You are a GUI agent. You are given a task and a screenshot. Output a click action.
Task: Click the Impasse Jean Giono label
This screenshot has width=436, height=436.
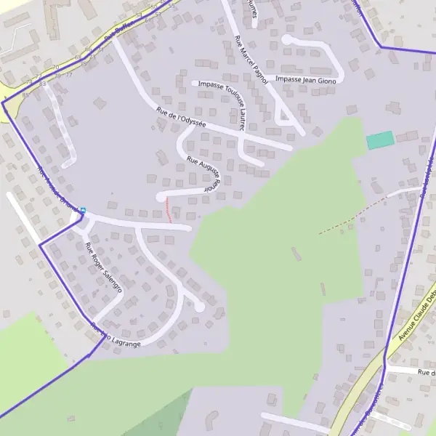point(306,81)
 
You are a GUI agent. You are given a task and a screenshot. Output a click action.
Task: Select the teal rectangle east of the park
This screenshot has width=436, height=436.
point(379,140)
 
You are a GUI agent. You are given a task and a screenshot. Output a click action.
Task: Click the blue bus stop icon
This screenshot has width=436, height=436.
point(83,211)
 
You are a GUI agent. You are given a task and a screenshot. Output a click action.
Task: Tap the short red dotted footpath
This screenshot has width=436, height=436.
point(169,209)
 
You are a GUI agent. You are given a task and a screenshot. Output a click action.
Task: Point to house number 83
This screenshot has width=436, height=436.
point(43,84)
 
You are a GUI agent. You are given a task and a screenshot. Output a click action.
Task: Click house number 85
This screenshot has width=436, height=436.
point(25,94)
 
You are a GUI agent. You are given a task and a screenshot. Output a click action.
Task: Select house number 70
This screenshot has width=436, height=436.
point(55,68)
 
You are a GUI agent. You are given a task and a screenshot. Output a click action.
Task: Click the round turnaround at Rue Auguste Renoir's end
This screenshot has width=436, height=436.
point(161,197)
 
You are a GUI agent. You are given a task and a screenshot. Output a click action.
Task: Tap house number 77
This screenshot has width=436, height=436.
point(70,75)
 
